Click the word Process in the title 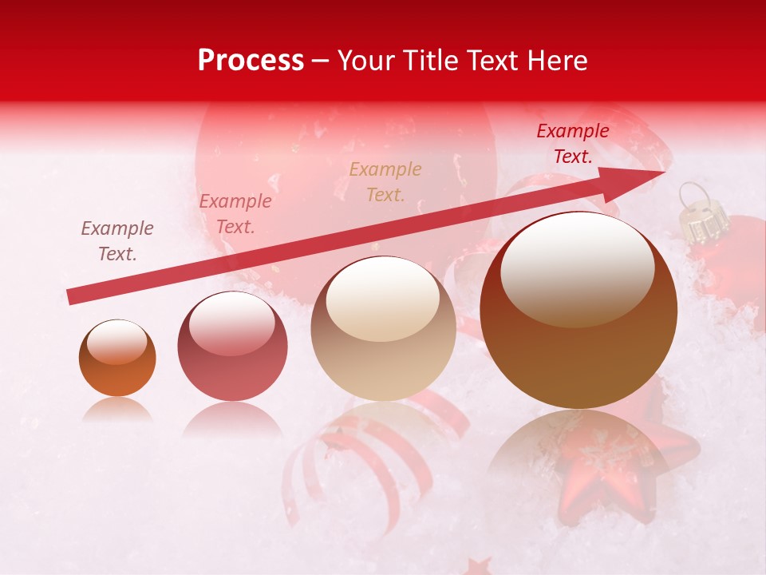251,61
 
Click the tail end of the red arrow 72,296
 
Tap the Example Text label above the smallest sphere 117,241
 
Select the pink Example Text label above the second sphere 235,214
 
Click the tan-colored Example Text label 385,181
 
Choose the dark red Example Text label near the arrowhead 573,144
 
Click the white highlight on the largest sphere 577,268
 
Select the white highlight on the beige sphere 383,298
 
